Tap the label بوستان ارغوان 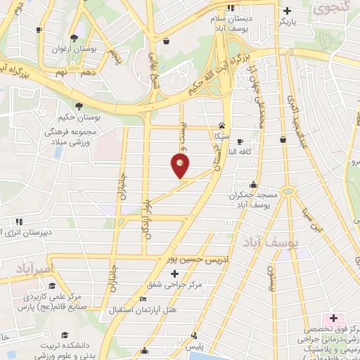[x=75, y=51]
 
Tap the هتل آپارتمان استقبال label [x=144, y=309]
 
